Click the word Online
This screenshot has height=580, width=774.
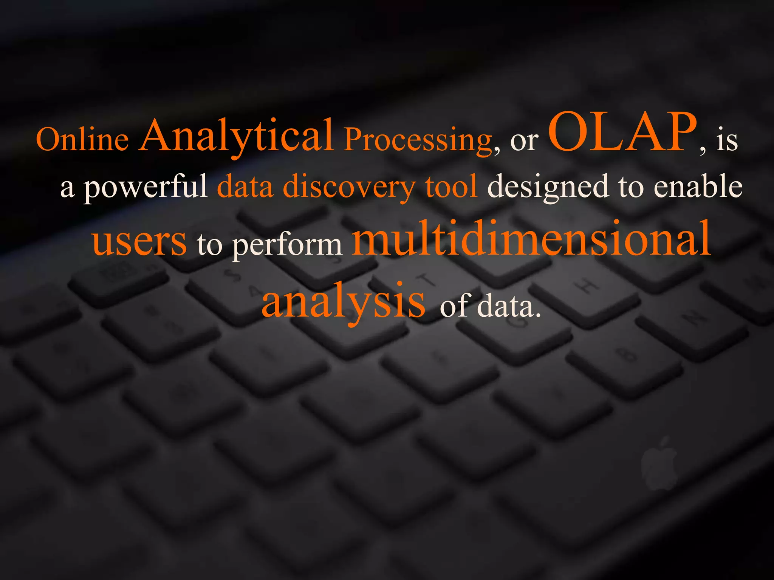[82, 139]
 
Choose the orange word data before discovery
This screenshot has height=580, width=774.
[245, 187]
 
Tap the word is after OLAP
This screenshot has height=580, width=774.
[726, 140]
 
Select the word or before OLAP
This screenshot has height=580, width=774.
[524, 141]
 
